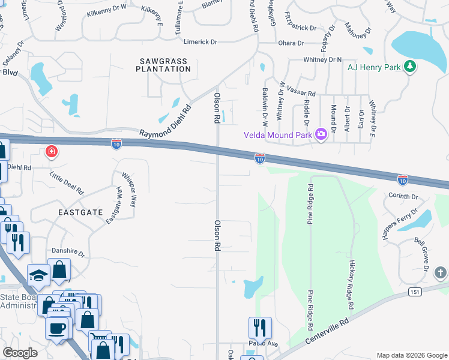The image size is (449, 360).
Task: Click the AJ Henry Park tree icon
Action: (x=410, y=67)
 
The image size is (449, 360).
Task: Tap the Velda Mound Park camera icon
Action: (x=321, y=133)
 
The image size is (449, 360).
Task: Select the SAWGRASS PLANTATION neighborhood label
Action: (x=163, y=65)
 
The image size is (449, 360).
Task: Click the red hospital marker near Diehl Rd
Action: (x=52, y=151)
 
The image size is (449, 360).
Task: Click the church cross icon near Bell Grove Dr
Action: (x=440, y=273)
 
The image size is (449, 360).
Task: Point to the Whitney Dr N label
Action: (x=322, y=59)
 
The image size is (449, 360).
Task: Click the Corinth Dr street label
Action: (x=402, y=196)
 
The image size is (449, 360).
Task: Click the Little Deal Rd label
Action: (x=66, y=182)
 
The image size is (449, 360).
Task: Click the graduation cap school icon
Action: (x=38, y=275)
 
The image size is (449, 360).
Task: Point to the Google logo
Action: (x=20, y=353)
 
